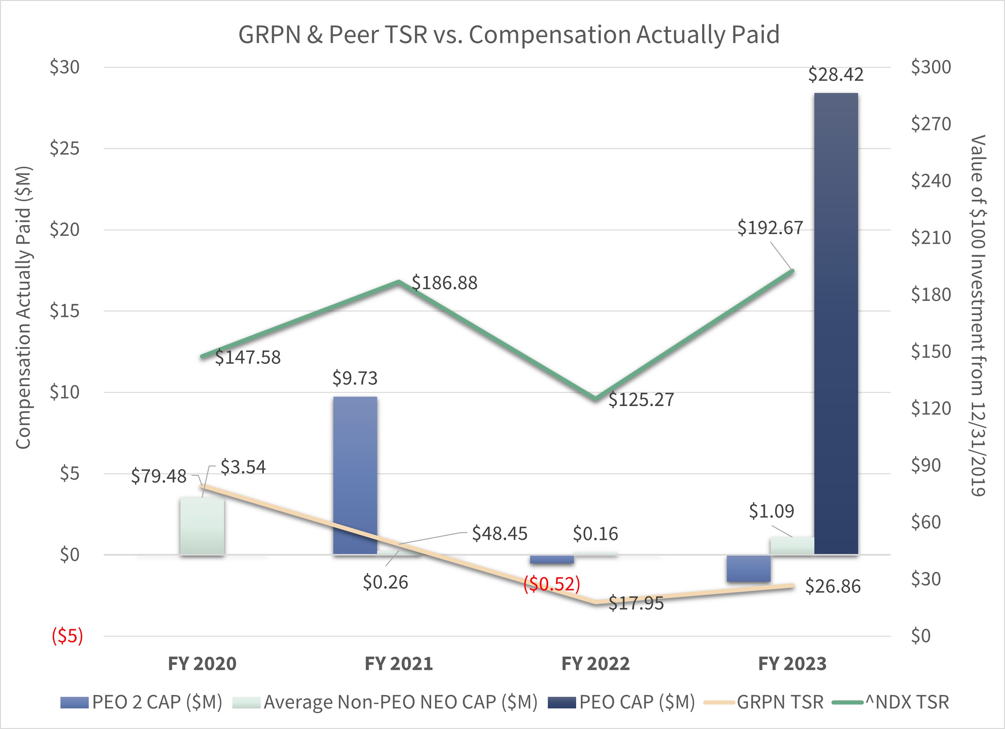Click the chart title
coord(509,35)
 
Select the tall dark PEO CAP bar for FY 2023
coord(836,324)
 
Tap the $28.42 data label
coord(835,75)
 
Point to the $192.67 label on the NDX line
coord(770,228)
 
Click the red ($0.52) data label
coord(552,584)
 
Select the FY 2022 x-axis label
coord(595,664)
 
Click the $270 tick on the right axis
coord(930,124)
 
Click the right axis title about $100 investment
coord(978,316)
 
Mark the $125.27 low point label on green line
coord(641,400)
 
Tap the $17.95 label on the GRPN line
coord(636,604)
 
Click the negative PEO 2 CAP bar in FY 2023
coord(748,568)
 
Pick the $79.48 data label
coord(158,476)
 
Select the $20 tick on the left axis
coord(64,230)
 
